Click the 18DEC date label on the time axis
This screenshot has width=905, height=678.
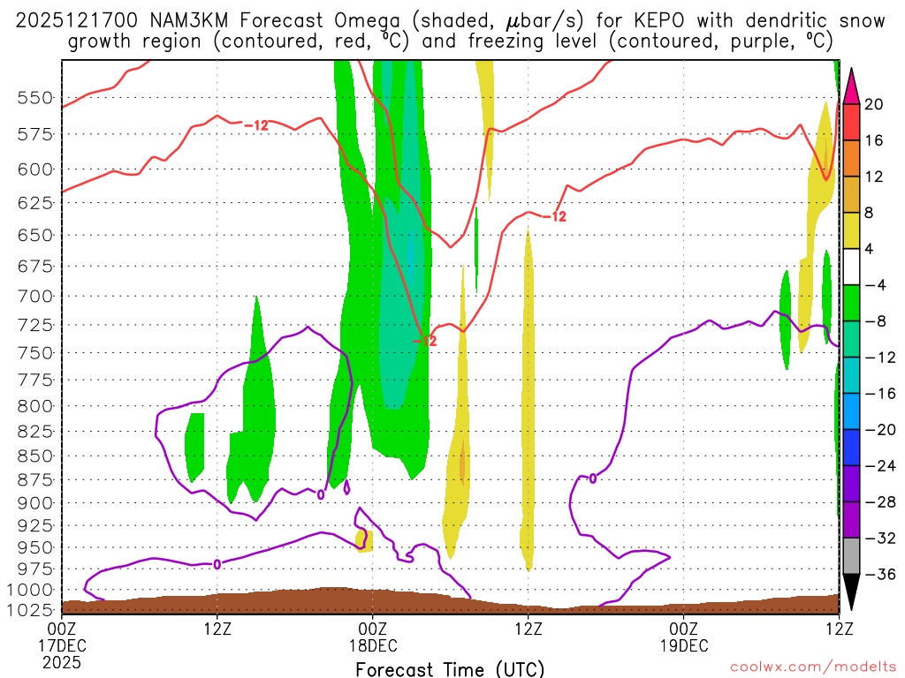tap(373, 645)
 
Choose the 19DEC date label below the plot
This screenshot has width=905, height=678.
tap(684, 645)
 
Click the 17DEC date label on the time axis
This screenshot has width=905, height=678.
tap(62, 645)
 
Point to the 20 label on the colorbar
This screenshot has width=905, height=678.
tap(874, 104)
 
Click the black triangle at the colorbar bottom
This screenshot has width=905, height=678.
tap(852, 592)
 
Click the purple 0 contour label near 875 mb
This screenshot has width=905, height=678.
tap(593, 478)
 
